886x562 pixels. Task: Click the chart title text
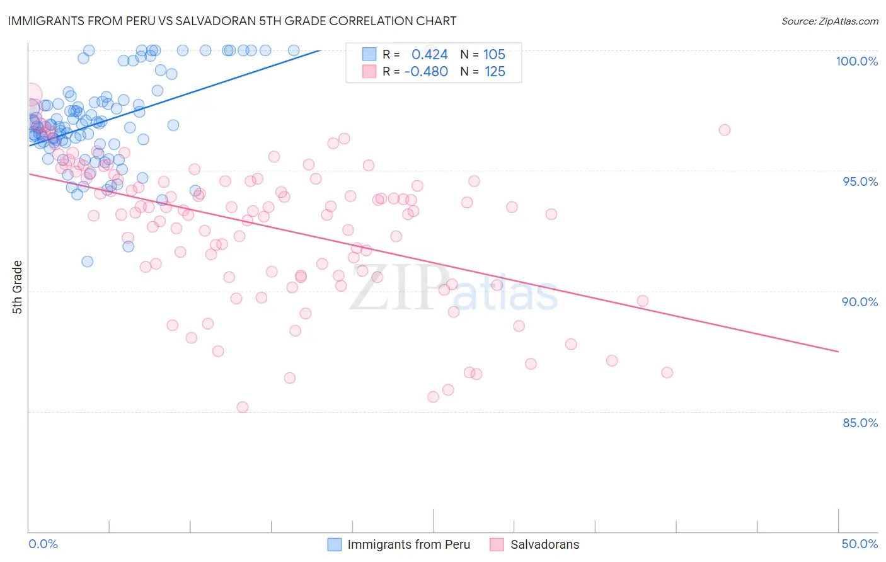pos(232,21)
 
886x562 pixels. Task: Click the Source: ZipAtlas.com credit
pos(829,21)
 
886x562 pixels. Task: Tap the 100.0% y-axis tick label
pos(856,61)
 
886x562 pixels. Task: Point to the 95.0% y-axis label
pos(860,181)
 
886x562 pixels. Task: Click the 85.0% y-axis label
pos(860,423)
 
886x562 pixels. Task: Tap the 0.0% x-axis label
pos(43,544)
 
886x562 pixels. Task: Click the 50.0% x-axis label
pos(860,544)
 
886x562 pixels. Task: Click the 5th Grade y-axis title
pos(18,287)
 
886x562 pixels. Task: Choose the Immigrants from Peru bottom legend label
pos(408,544)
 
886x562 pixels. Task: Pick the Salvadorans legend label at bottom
pos(544,544)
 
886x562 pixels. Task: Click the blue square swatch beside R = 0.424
pos(369,54)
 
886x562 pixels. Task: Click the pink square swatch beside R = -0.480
pos(369,71)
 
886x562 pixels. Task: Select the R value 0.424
pos(429,54)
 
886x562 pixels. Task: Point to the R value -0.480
pos(426,71)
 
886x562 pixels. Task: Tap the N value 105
pos(494,54)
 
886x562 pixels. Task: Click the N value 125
pos(495,71)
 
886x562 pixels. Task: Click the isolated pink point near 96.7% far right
pos(725,130)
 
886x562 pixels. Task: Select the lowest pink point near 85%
pos(242,407)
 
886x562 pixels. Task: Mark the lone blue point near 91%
pos(88,261)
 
